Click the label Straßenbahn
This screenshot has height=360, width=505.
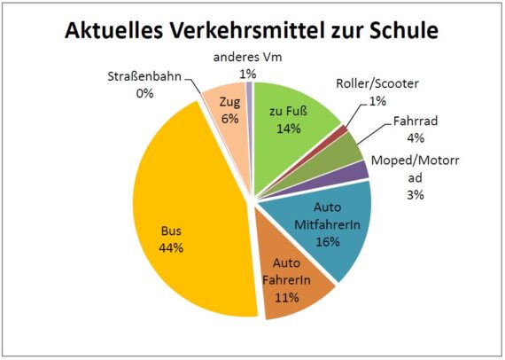[x=145, y=76]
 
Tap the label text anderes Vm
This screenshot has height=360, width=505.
[x=252, y=58]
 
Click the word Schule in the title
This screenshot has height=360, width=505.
[x=399, y=32]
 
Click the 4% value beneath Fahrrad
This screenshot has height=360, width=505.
[x=416, y=137]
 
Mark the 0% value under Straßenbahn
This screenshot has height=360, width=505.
[x=145, y=92]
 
